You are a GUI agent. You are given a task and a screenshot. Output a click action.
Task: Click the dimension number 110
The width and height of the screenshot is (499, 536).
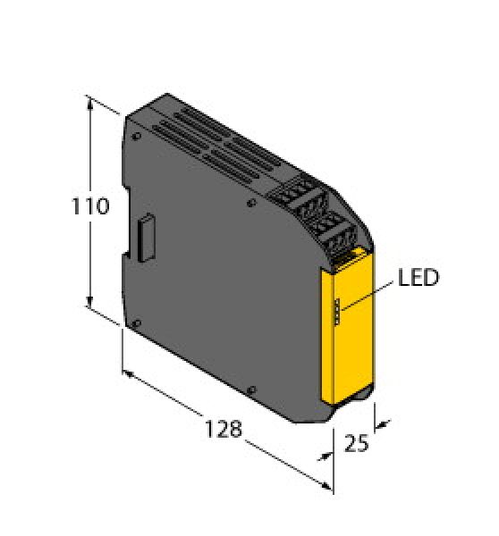(x=91, y=207)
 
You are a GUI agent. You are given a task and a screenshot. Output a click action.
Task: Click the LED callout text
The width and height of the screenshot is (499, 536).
(x=418, y=278)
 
